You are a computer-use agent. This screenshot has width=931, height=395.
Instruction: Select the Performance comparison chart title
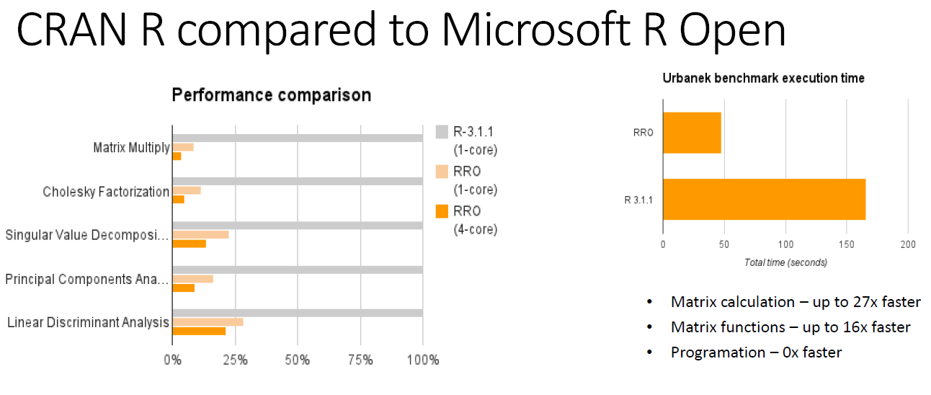271,94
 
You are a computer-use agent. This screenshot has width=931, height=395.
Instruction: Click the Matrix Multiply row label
131,148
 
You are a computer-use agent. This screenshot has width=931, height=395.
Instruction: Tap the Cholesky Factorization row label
106,192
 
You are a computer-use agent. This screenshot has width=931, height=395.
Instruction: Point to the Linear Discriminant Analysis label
88,322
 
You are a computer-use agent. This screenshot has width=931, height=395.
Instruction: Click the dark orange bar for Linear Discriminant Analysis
199,331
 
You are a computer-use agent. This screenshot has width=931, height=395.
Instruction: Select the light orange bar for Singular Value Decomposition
200,234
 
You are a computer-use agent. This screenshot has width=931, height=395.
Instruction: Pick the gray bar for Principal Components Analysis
297,270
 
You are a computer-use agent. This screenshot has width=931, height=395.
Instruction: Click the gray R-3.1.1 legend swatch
442,132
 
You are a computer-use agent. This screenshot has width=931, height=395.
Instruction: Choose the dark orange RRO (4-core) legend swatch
442,211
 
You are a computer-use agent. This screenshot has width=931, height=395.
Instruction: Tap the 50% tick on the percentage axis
298,360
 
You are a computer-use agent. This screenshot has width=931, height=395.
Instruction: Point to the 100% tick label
422,360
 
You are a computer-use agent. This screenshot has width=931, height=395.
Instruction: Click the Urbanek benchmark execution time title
763,78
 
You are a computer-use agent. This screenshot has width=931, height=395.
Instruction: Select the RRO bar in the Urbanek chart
692,133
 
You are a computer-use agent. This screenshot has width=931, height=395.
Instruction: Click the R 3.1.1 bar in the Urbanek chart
764,199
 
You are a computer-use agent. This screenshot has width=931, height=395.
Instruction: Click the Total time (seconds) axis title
785,262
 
